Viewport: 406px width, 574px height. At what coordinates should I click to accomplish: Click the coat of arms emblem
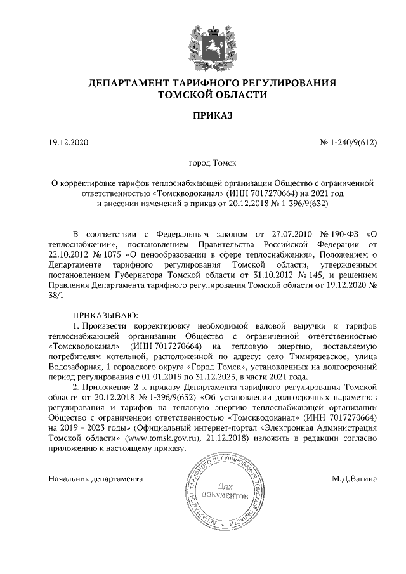pos(203,41)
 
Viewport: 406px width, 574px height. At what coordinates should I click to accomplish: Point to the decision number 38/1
pos(56,297)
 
